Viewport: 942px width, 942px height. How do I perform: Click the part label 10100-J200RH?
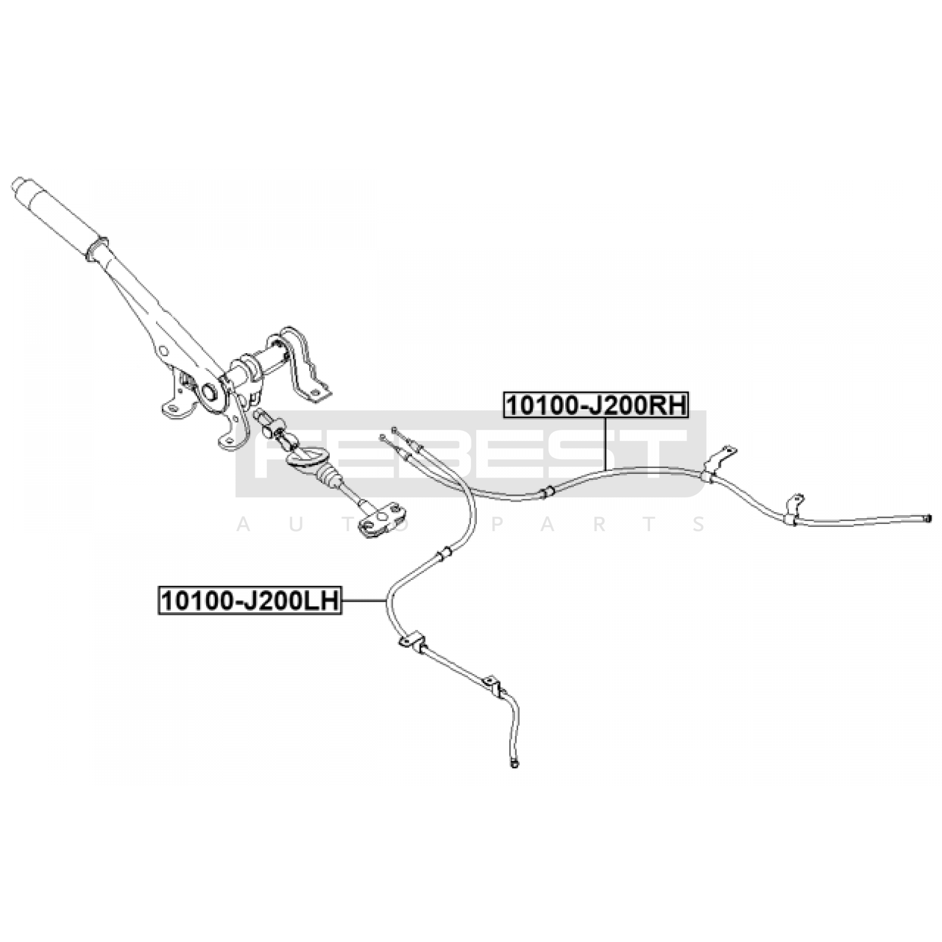tap(596, 404)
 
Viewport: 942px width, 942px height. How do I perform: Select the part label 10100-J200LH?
tap(250, 601)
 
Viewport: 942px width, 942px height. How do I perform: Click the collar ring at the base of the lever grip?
tap(96, 250)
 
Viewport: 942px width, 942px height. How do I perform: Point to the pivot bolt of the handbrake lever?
tap(209, 391)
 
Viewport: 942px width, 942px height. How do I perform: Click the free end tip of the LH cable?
tap(514, 765)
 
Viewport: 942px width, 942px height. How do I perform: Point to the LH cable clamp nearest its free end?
tap(493, 686)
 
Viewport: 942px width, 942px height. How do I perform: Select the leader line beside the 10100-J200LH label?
tap(364, 601)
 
